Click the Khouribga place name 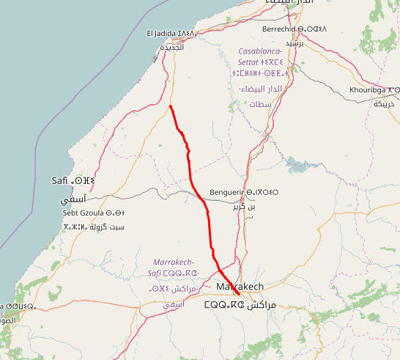374,90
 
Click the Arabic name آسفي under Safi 73,199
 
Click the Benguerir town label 244,193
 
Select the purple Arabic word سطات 259,104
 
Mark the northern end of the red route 170,107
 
